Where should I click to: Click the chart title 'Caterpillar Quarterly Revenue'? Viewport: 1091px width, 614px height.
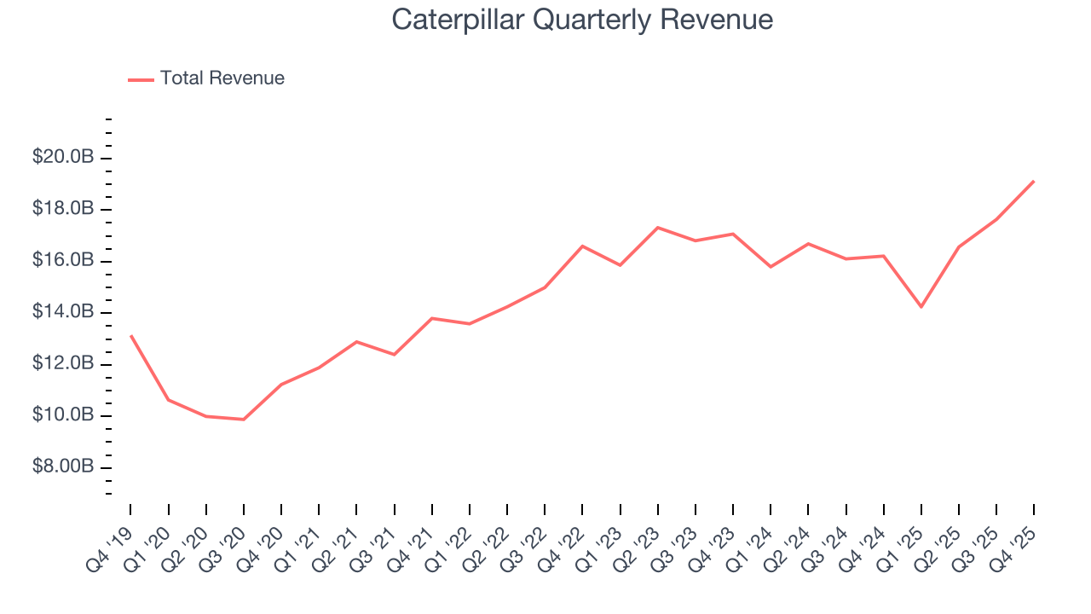[582, 20]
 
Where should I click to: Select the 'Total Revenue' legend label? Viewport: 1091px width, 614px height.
[222, 78]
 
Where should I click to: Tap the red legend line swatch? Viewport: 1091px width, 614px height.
[141, 79]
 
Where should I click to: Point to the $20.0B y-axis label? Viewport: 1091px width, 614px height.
[63, 158]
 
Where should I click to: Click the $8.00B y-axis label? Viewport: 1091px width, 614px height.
[63, 467]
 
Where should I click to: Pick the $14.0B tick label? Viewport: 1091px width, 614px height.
[63, 312]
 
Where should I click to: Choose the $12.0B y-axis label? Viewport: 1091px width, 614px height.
[63, 364]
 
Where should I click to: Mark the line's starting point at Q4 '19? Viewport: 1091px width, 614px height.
[130, 335]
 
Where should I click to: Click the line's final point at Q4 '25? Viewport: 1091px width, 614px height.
[1034, 181]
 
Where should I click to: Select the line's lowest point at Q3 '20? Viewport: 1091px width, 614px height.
[244, 420]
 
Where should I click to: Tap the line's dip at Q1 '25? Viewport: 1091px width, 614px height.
[921, 307]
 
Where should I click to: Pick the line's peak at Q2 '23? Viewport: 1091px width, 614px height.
[658, 227]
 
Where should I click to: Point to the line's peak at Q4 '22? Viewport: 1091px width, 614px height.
[582, 246]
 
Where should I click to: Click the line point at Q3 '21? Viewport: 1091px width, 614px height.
[394, 354]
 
